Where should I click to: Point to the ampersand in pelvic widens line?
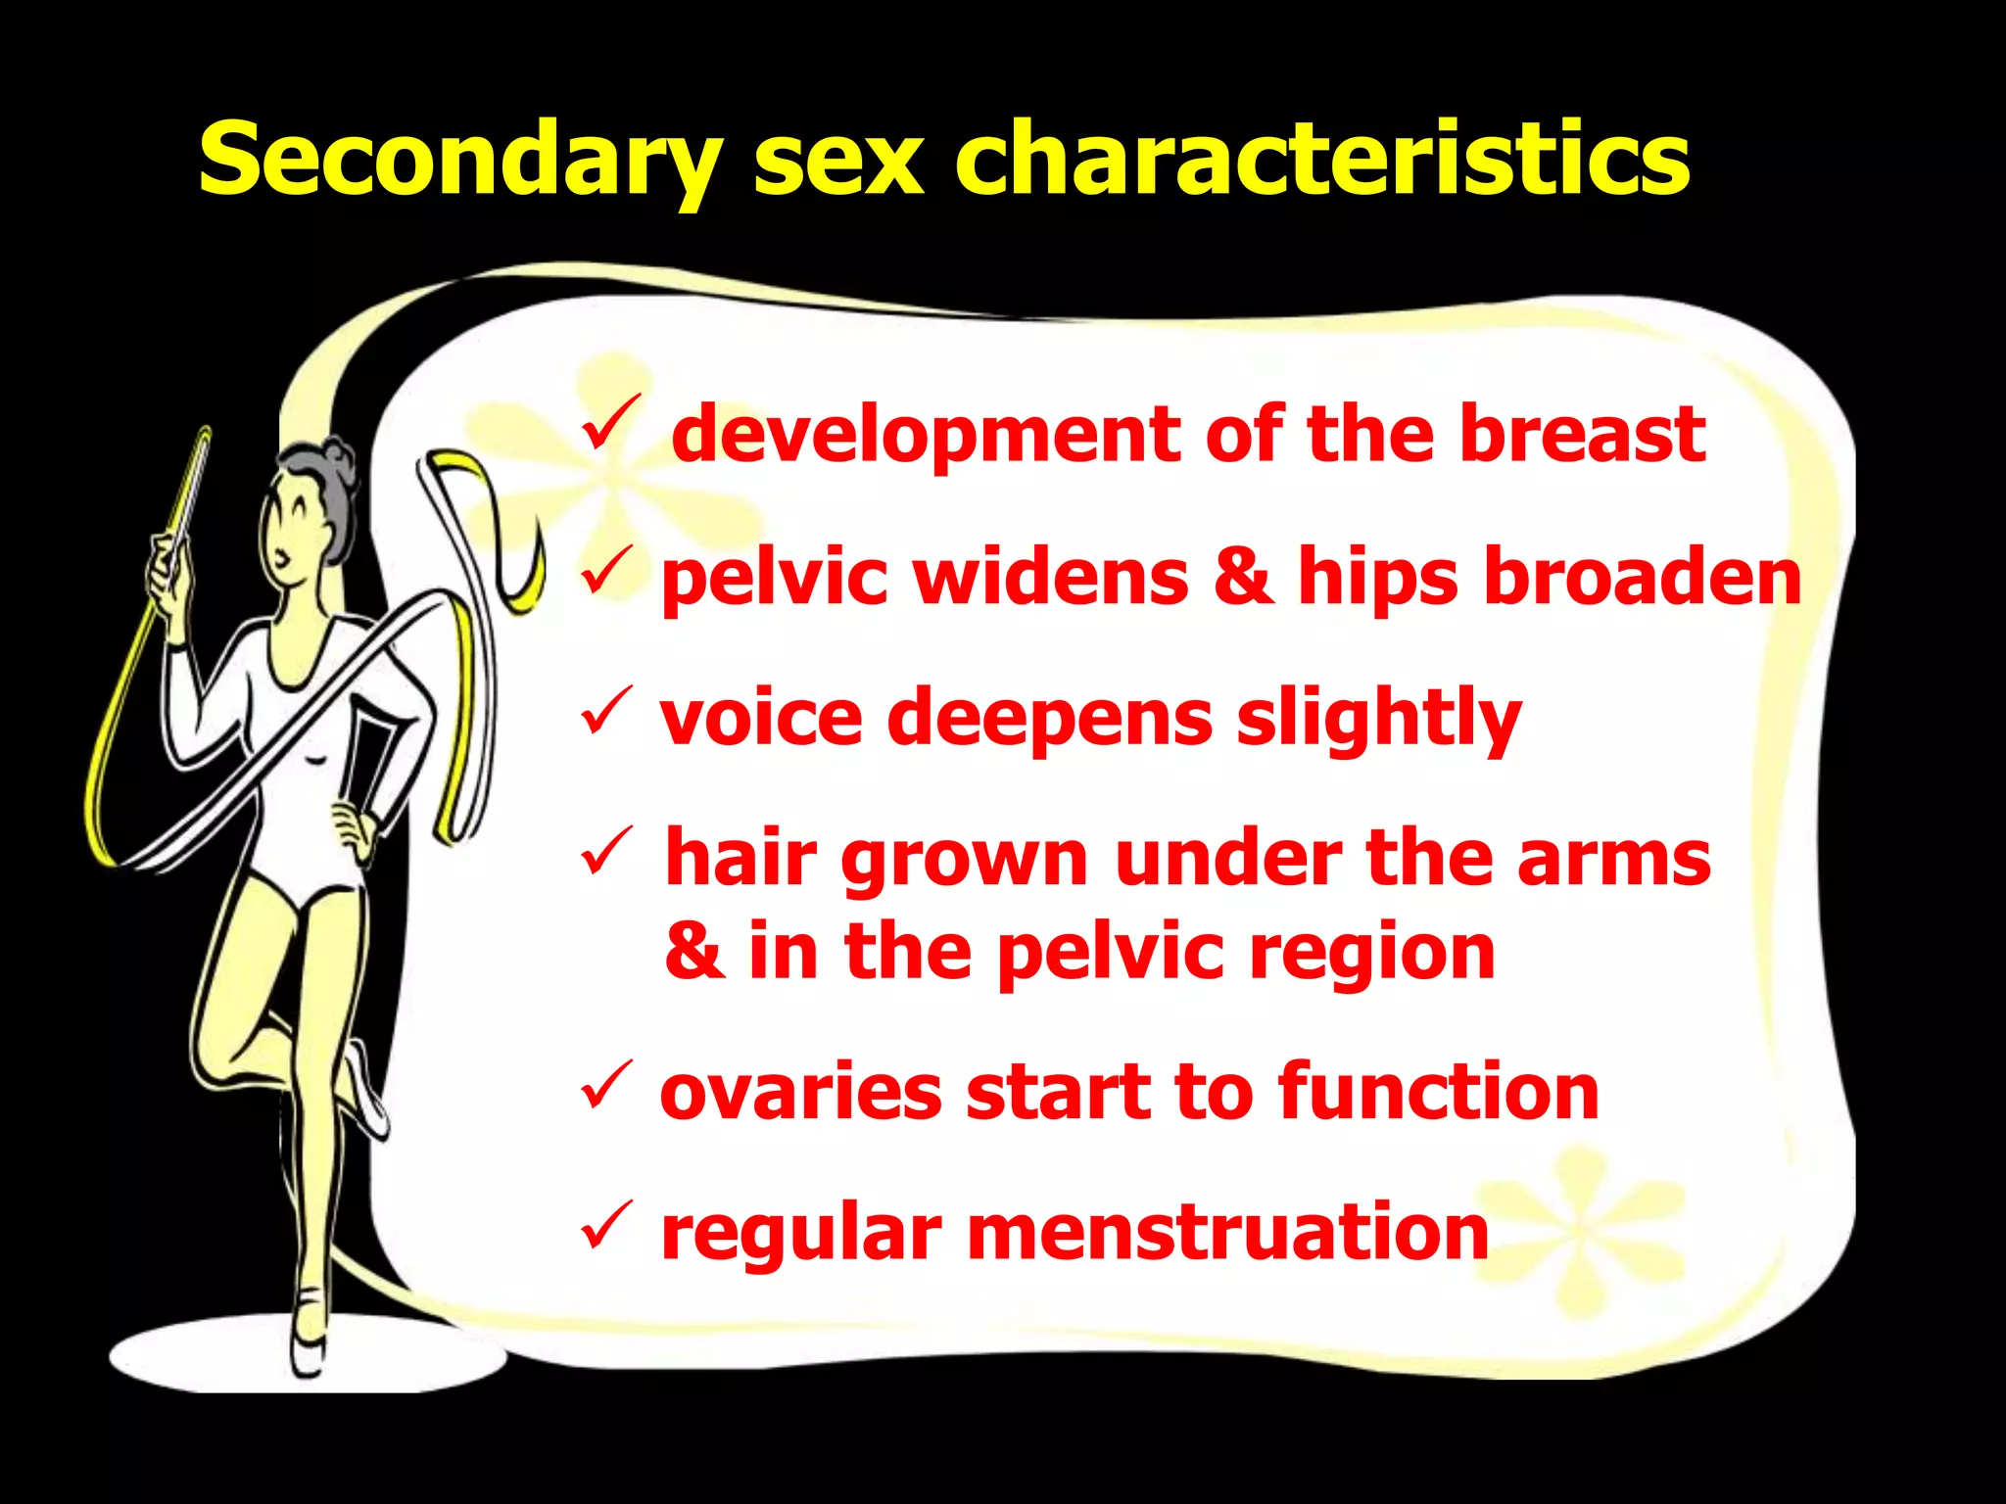[1243, 576]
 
